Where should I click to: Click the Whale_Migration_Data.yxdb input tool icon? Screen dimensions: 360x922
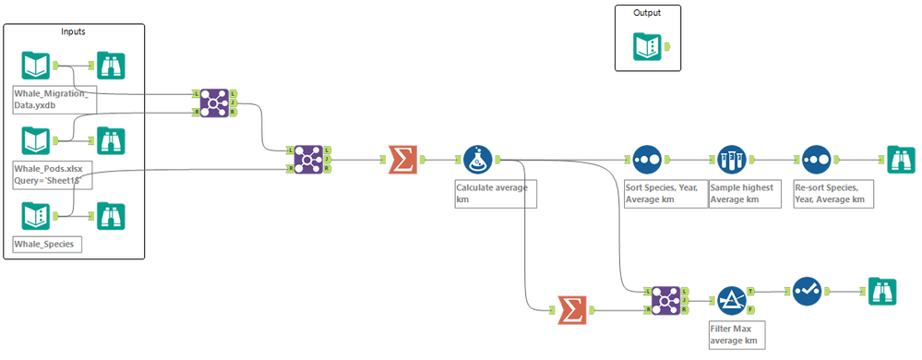[x=35, y=66]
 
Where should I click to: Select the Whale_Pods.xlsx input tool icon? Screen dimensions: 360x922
[x=35, y=141]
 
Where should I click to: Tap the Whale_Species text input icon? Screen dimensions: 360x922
[x=35, y=217]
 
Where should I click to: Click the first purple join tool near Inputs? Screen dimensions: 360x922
[x=215, y=102]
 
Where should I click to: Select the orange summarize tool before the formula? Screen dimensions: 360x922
[x=402, y=160]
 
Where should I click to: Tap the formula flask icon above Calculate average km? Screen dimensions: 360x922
[x=476, y=160]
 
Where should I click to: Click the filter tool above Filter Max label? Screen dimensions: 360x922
[x=731, y=300]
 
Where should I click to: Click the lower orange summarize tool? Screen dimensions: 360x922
[x=572, y=310]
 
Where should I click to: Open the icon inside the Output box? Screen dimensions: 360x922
[x=646, y=47]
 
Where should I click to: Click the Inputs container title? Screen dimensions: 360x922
[x=75, y=31]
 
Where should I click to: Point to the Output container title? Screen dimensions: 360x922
[x=646, y=13]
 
